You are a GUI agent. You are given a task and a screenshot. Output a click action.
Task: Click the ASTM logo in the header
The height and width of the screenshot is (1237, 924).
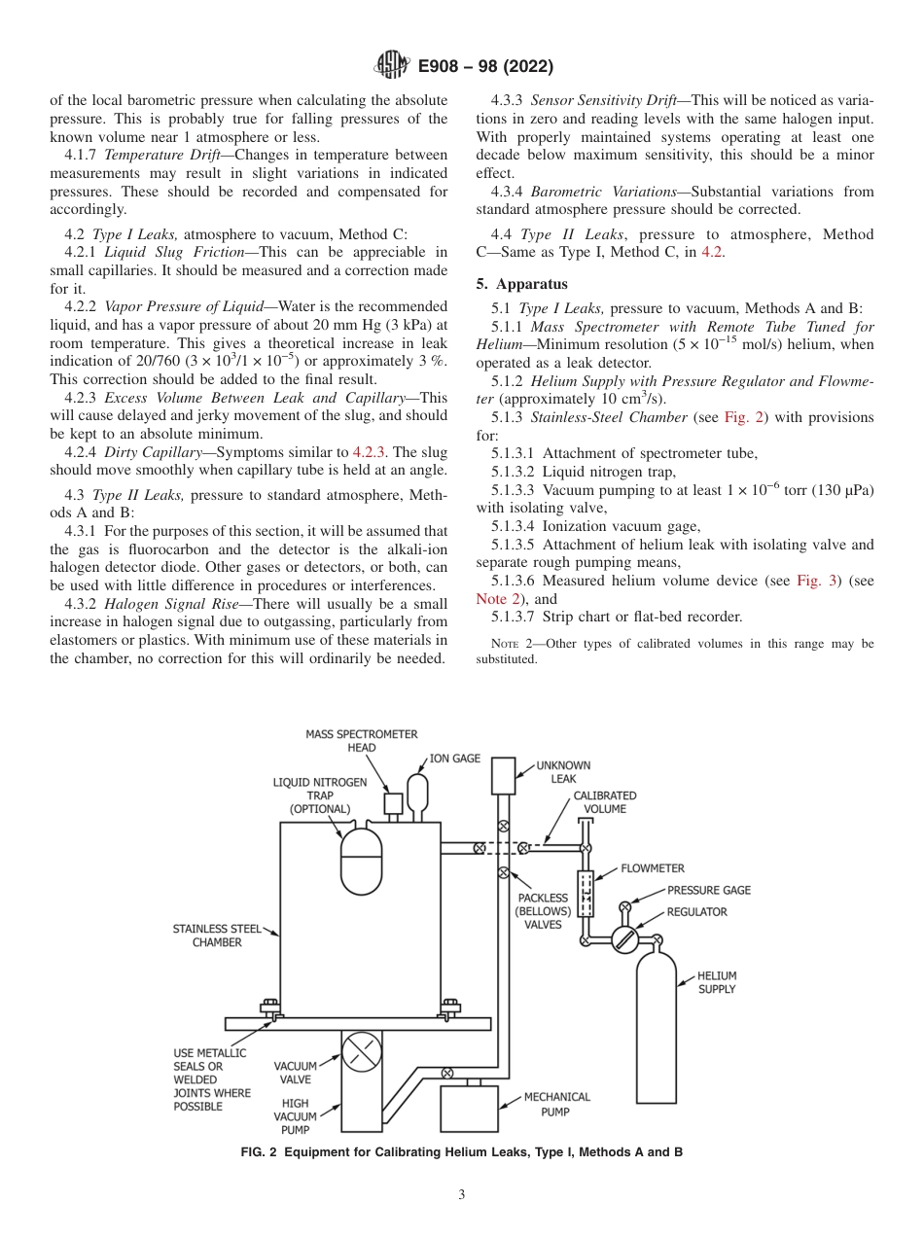click(x=391, y=66)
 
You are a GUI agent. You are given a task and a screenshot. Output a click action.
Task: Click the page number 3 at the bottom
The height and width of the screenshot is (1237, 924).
click(x=462, y=1195)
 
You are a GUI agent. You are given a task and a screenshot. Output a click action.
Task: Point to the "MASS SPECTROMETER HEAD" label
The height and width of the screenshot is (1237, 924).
click(x=361, y=741)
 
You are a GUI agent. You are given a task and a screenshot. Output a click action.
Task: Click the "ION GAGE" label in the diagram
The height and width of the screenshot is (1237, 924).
click(x=454, y=759)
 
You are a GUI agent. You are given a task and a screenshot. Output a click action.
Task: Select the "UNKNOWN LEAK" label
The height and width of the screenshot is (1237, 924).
click(x=563, y=772)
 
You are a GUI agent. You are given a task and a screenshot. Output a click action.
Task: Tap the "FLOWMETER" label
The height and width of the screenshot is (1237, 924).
click(x=652, y=868)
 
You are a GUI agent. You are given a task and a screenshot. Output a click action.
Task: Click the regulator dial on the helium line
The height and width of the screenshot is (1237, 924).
click(x=624, y=939)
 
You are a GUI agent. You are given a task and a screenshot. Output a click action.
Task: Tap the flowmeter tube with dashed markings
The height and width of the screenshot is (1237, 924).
click(x=586, y=894)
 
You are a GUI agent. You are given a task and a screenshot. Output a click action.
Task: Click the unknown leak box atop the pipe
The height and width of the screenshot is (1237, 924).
click(x=503, y=776)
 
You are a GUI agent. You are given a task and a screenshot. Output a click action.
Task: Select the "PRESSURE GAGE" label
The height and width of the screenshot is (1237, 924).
click(x=708, y=890)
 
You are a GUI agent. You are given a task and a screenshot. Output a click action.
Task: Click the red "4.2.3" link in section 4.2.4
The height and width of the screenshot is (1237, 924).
click(x=369, y=452)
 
